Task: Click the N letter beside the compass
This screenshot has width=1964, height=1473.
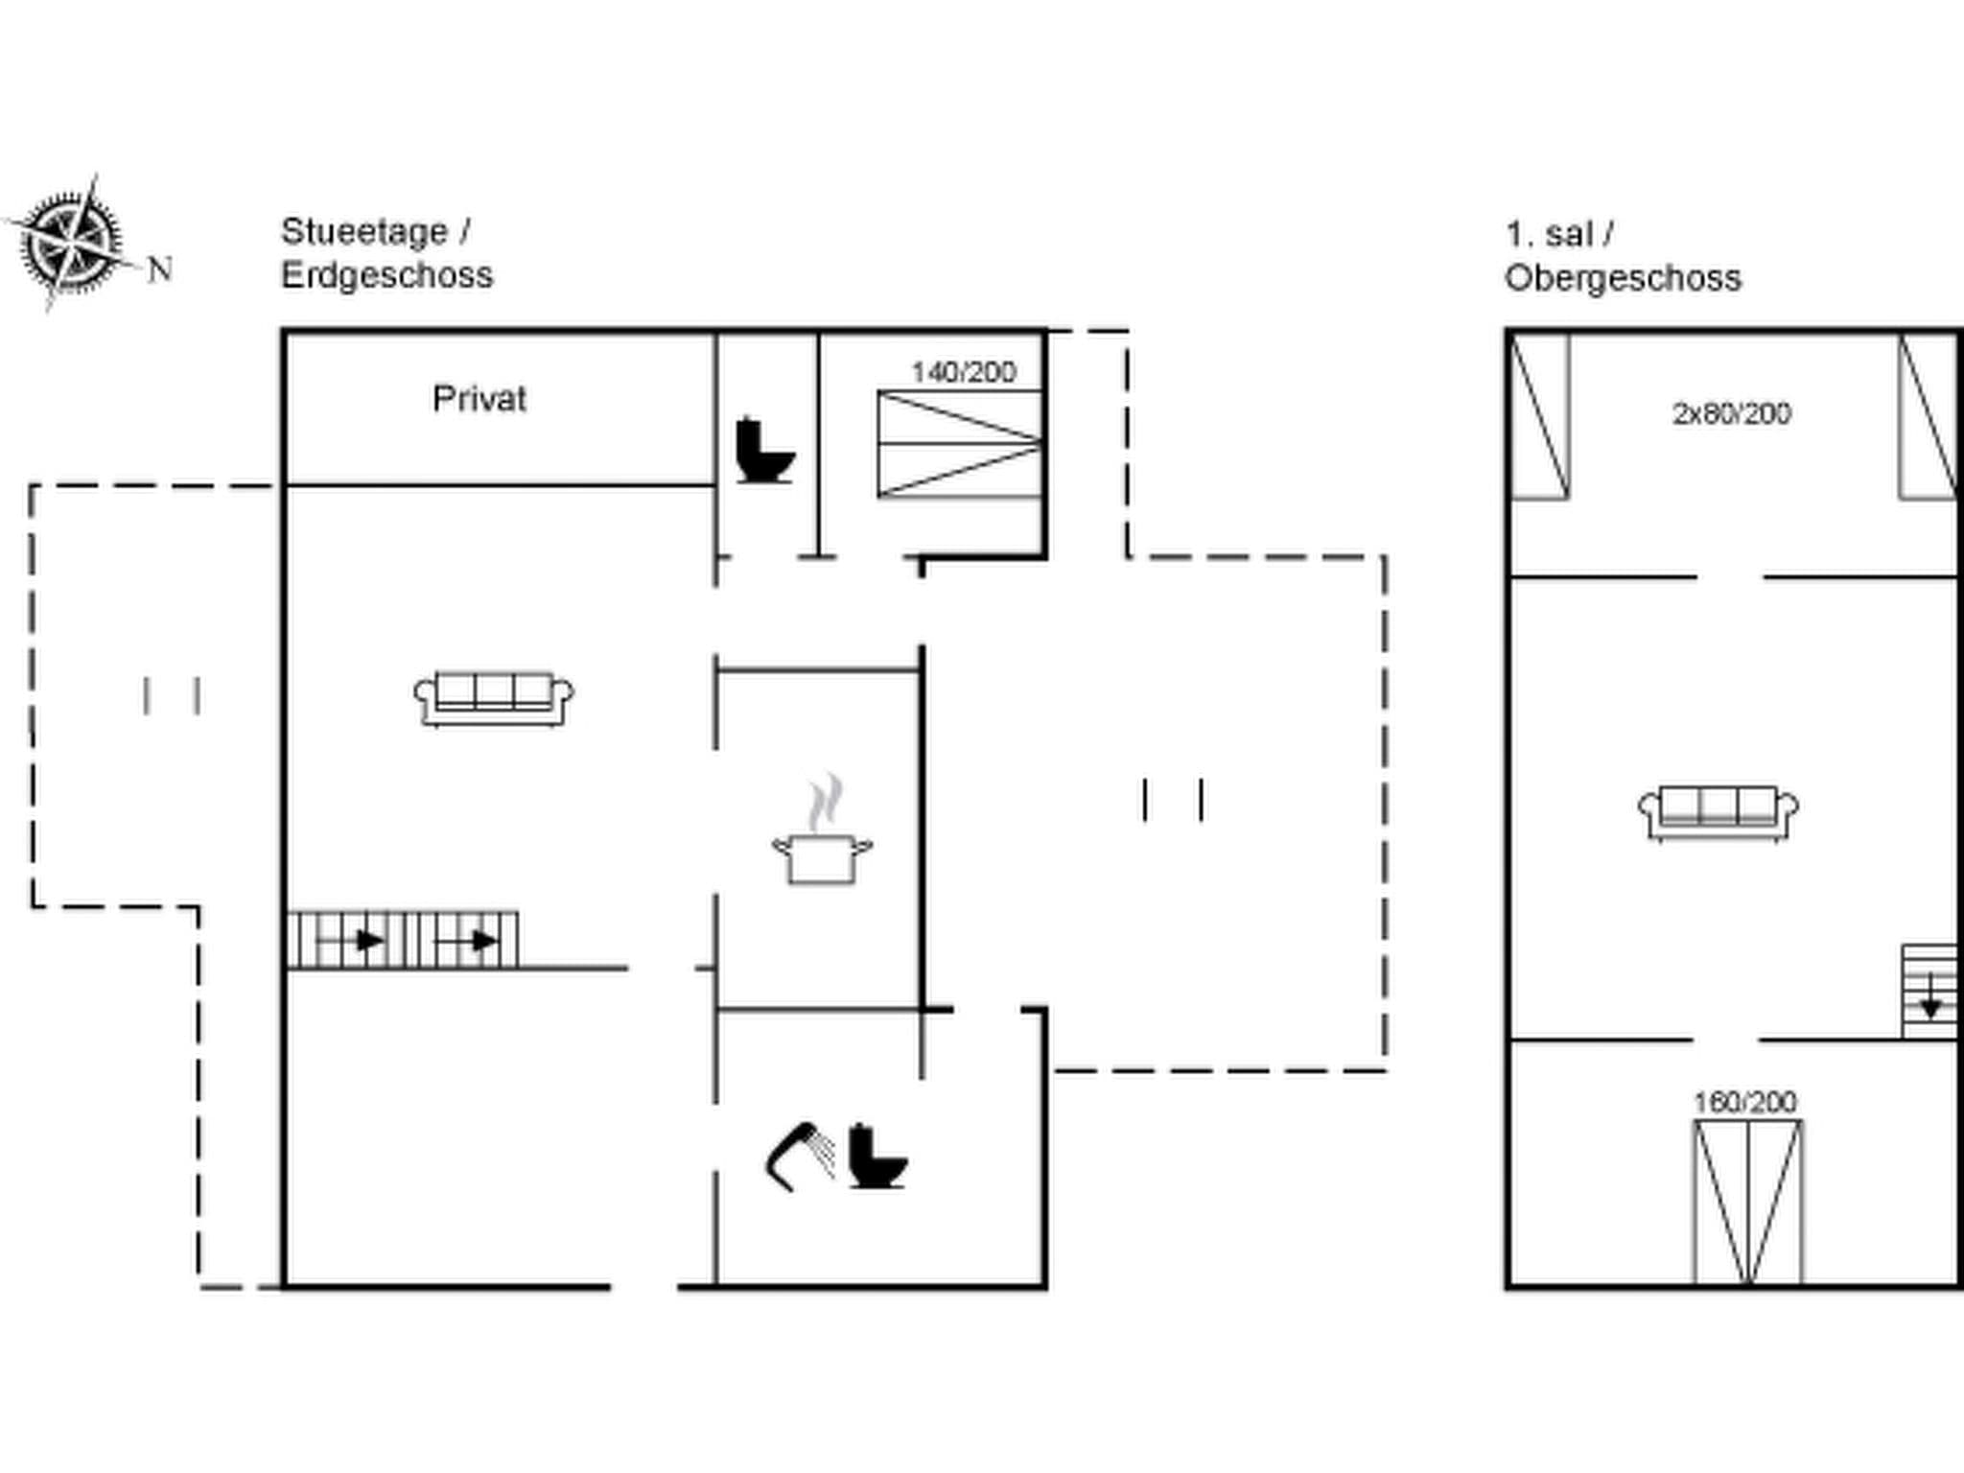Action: pos(160,269)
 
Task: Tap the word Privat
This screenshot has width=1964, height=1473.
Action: pos(479,399)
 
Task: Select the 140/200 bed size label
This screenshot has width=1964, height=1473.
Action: pos(963,372)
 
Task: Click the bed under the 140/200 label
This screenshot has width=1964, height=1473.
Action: pos(959,444)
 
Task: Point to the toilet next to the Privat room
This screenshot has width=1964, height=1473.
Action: pos(763,450)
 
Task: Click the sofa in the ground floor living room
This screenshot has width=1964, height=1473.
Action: pos(494,698)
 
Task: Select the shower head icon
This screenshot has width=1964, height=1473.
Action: pos(799,1155)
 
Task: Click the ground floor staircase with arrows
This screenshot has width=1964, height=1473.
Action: pos(403,940)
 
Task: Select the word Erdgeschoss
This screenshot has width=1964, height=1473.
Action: pos(386,276)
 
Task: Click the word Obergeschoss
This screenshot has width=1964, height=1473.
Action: pos(1623,279)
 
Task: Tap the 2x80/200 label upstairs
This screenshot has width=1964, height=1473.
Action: pos(1731,413)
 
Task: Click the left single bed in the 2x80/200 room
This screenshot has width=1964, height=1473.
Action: pos(1539,416)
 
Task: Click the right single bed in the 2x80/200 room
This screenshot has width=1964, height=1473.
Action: pos(1928,416)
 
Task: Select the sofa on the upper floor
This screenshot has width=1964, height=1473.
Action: pos(1718,813)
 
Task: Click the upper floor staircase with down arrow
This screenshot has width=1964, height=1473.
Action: pos(1929,992)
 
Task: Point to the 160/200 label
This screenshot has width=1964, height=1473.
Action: pos(1744,1102)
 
